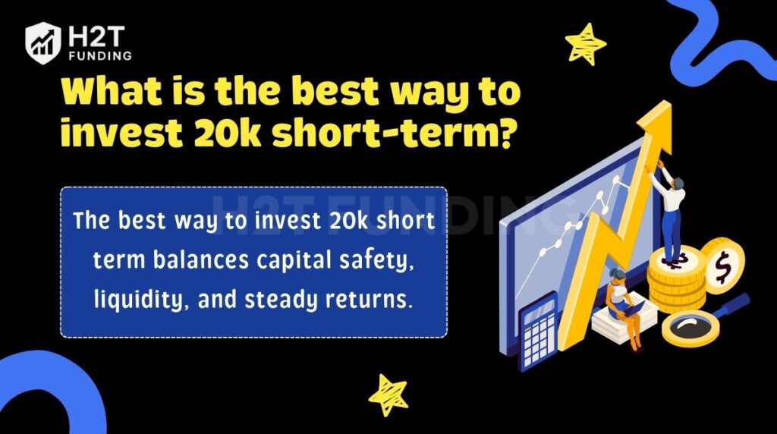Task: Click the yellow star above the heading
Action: pos(586,43)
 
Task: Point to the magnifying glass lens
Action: pos(690,327)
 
